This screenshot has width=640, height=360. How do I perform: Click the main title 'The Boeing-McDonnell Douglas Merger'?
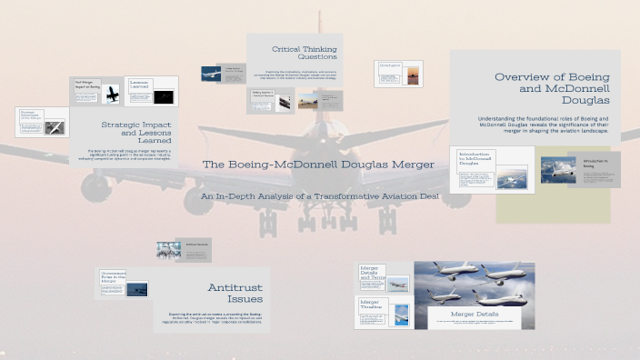click(317, 165)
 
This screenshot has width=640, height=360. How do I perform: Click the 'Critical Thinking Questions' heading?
click(305, 50)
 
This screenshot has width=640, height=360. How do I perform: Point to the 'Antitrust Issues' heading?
click(235, 293)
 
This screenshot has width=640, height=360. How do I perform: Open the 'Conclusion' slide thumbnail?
click(391, 66)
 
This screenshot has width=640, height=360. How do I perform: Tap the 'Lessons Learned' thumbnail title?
click(139, 84)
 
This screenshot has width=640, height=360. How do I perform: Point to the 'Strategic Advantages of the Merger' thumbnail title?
click(32, 115)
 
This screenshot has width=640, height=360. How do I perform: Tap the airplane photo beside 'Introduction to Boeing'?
click(558, 168)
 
